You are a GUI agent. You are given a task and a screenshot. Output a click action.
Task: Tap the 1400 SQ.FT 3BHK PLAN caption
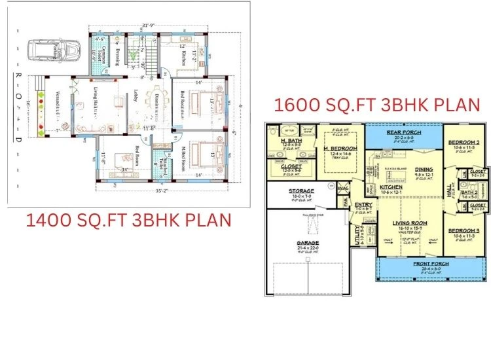[128, 220]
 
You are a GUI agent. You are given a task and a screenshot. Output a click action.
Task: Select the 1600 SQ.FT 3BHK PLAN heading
[377, 105]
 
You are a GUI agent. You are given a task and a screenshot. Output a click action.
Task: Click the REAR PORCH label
[407, 133]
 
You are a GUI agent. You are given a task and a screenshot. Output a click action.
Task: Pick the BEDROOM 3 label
[464, 231]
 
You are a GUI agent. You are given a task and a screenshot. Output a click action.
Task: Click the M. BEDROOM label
[339, 148]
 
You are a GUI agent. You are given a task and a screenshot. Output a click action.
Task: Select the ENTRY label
[364, 204]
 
